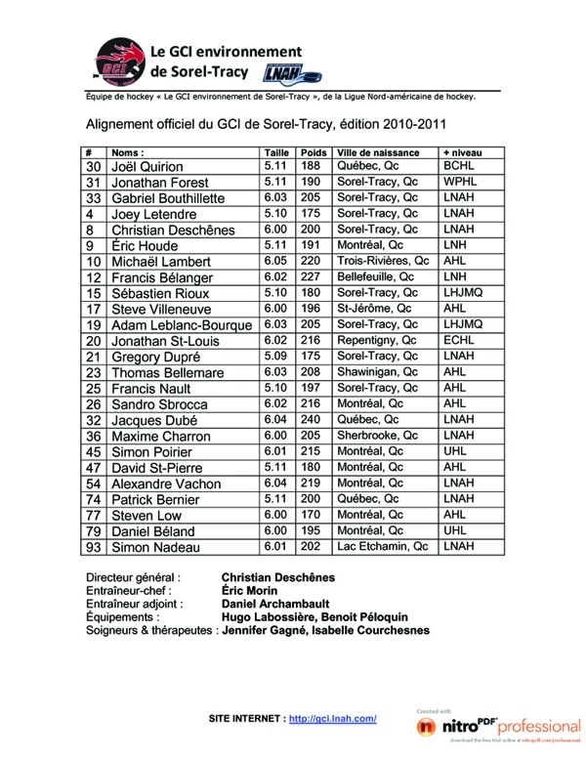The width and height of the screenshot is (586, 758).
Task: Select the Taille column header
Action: [x=276, y=152]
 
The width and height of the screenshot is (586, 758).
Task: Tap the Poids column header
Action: [x=313, y=152]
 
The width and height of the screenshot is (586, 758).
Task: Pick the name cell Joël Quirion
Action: [x=147, y=167]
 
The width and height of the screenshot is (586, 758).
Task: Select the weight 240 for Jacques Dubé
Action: [x=312, y=420]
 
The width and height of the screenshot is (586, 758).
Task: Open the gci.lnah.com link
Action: [x=333, y=718]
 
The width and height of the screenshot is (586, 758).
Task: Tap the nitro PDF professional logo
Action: [x=498, y=726]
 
